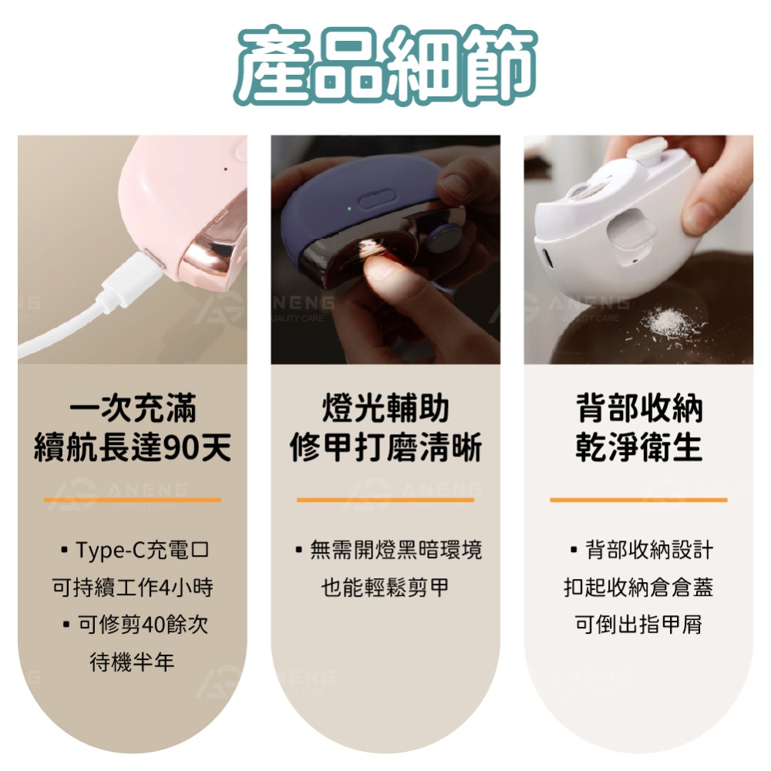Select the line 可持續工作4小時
pos(132,588)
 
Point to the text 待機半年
pos(132,662)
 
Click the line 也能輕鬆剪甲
pos(385,588)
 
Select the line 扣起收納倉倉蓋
pos(638,588)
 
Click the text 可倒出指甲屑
pos(638,625)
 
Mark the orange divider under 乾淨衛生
pos(638,500)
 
